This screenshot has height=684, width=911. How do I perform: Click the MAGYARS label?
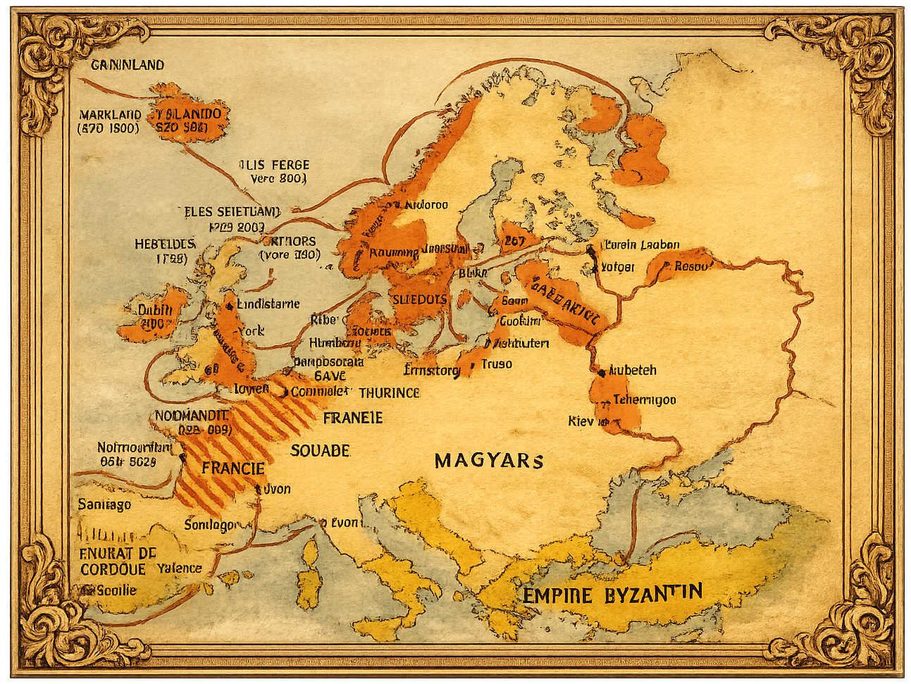489,461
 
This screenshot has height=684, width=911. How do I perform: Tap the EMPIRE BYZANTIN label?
612,594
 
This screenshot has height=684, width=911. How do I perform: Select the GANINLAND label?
128,65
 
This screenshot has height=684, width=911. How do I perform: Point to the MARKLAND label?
110,114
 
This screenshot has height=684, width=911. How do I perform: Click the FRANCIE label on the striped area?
233,468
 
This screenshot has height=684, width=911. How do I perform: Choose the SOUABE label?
320,450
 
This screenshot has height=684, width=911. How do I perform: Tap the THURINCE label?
389,392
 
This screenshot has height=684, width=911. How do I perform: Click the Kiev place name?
581,421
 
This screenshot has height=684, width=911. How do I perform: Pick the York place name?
251,330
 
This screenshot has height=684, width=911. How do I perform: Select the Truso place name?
497,363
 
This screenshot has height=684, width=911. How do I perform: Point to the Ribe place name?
323,320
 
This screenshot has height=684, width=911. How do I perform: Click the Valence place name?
179,568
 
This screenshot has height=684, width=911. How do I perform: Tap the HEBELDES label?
165,244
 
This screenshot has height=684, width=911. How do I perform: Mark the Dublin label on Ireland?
155,310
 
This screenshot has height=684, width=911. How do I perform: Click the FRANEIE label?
352,418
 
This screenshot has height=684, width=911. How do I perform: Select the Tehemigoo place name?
644,399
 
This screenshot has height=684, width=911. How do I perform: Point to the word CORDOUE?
113,569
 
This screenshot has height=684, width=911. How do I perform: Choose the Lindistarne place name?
268,304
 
